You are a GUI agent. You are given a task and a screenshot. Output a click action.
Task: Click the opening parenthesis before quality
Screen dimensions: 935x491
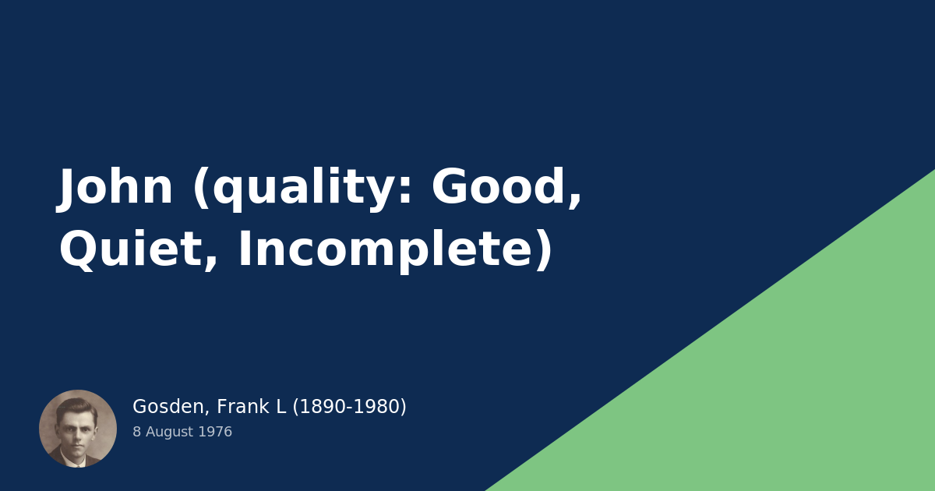[x=201, y=187]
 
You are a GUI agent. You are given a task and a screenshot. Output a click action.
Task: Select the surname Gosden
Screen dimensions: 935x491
[x=168, y=407]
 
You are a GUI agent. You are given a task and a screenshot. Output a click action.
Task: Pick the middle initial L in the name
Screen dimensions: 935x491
[x=281, y=407]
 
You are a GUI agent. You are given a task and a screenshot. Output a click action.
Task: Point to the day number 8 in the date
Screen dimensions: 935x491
[x=136, y=432]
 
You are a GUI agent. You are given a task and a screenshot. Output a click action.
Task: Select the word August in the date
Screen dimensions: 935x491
[x=169, y=432]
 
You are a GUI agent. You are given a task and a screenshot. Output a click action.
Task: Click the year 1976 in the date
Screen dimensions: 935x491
[x=215, y=432]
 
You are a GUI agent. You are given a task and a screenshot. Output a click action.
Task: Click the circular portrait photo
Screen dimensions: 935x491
[x=78, y=429]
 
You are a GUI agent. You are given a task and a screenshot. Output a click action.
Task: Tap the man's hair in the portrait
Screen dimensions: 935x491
[x=76, y=407]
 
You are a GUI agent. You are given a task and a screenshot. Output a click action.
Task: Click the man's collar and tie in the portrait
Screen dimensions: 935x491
[x=77, y=461]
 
